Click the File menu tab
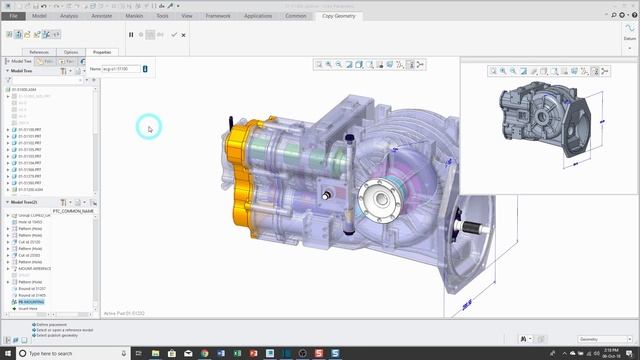coord(13,16)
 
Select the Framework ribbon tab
coord(216,16)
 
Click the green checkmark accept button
coord(174,35)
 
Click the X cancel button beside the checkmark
coord(184,35)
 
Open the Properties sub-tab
coord(100,51)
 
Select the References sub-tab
coord(39,51)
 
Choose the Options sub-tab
coord(71,51)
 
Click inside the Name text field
coord(121,69)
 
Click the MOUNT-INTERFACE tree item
coord(36,269)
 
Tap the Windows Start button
coord(8,353)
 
